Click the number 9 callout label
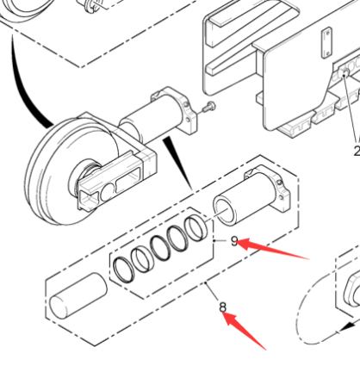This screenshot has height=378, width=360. pyautogui.click(x=234, y=241)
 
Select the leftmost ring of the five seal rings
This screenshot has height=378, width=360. pyautogui.click(x=126, y=267)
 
